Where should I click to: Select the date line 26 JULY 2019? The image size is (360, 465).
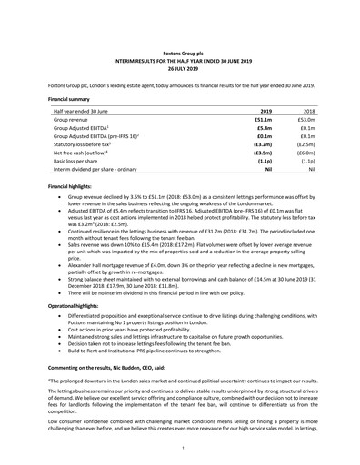pos(179,68)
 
